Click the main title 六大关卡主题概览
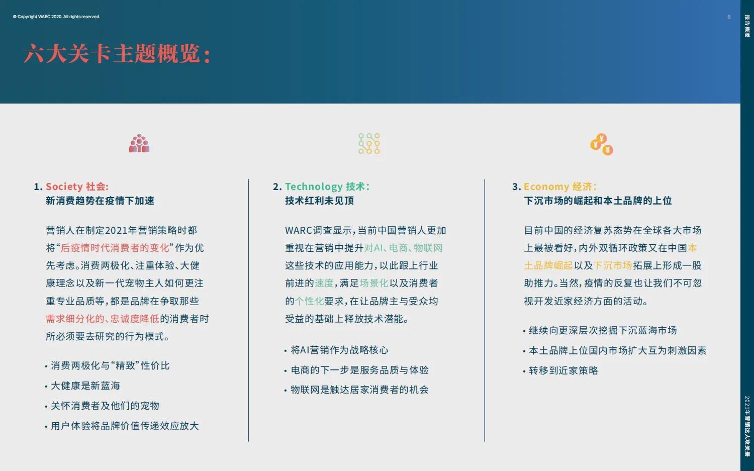tap(117, 54)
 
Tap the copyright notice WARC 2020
tap(56, 17)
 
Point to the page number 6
tap(729, 17)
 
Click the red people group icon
tap(139, 144)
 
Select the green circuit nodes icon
tap(369, 144)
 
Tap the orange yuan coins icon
tap(602, 145)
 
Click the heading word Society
tap(64, 186)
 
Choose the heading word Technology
tap(314, 186)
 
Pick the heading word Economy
tap(546, 186)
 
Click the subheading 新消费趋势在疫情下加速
tap(100, 201)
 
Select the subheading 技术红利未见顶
tap(319, 201)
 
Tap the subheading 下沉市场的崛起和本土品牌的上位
tap(598, 201)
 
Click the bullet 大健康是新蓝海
tap(85, 386)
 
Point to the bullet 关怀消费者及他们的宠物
tap(105, 406)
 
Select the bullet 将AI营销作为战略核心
tap(339, 350)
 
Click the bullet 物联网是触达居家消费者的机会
tap(359, 390)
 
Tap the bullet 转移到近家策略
tap(563, 370)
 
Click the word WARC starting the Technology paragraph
tap(299, 230)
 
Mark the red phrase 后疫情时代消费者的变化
tap(115, 248)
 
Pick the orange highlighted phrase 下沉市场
tap(613, 265)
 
